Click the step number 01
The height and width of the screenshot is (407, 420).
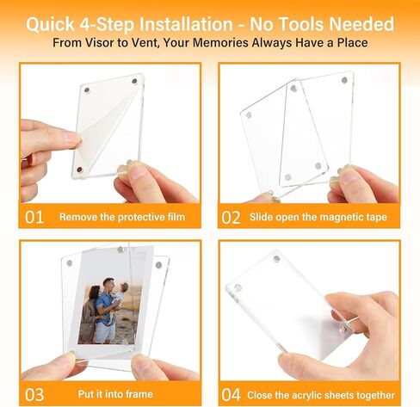34,217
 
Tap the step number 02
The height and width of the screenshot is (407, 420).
231,218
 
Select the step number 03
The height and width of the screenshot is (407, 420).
34,395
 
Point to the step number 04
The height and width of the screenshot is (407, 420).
231,395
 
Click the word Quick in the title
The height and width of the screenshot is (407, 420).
51,24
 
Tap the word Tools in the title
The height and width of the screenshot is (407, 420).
303,24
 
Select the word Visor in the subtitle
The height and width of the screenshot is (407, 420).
100,43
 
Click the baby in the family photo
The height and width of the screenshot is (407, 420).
121,293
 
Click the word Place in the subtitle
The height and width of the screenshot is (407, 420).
352,43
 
